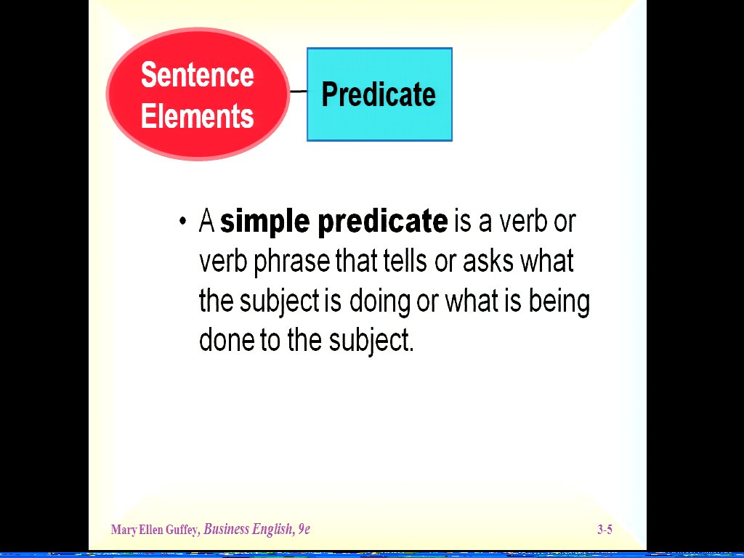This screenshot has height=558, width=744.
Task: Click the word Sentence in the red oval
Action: [x=198, y=75]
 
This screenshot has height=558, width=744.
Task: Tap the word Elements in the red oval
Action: [x=198, y=116]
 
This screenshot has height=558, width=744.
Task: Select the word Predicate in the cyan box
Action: [x=379, y=94]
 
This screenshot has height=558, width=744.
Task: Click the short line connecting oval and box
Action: [x=298, y=91]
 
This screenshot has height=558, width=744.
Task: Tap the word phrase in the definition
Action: [x=292, y=262]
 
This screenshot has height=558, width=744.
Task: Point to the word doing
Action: [x=379, y=302]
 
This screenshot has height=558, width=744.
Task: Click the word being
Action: [x=559, y=302]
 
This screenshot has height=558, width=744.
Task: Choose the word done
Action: [x=227, y=340]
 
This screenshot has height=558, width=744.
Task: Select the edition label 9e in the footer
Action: [x=304, y=529]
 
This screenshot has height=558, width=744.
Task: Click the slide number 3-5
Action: [x=604, y=530]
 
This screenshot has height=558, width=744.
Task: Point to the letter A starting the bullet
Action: [x=207, y=221]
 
